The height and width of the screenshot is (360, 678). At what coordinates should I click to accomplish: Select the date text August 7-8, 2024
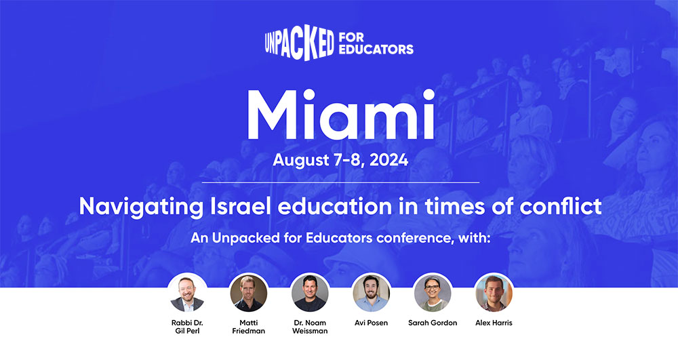coord(340,161)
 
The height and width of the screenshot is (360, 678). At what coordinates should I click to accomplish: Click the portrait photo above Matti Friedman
coord(248,293)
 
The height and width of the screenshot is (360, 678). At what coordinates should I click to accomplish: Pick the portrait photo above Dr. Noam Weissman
coord(310,293)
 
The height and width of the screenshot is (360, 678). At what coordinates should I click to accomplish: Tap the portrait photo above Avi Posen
coord(371,293)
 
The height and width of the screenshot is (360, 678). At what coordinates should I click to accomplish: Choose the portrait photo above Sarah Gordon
coord(432,293)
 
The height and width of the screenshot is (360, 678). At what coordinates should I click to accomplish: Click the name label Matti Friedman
coord(248,327)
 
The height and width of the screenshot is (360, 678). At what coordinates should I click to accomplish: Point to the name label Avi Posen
coord(371,323)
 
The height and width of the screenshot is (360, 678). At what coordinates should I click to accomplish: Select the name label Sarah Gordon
coord(432,323)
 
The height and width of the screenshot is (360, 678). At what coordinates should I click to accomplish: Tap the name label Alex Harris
coord(494,323)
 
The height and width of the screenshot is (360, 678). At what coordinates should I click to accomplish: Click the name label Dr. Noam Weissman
coord(310,327)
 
